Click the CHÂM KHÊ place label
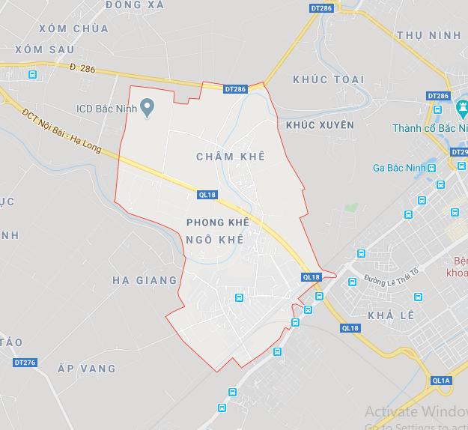231,156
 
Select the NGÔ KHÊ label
216,240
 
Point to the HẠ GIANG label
145,280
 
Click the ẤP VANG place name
87,369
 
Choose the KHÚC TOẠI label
329,79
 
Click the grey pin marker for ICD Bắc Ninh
148,106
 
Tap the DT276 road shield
25,363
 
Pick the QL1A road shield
441,381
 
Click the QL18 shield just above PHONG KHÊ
207,195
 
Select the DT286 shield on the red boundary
235,89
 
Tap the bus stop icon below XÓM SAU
32,75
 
